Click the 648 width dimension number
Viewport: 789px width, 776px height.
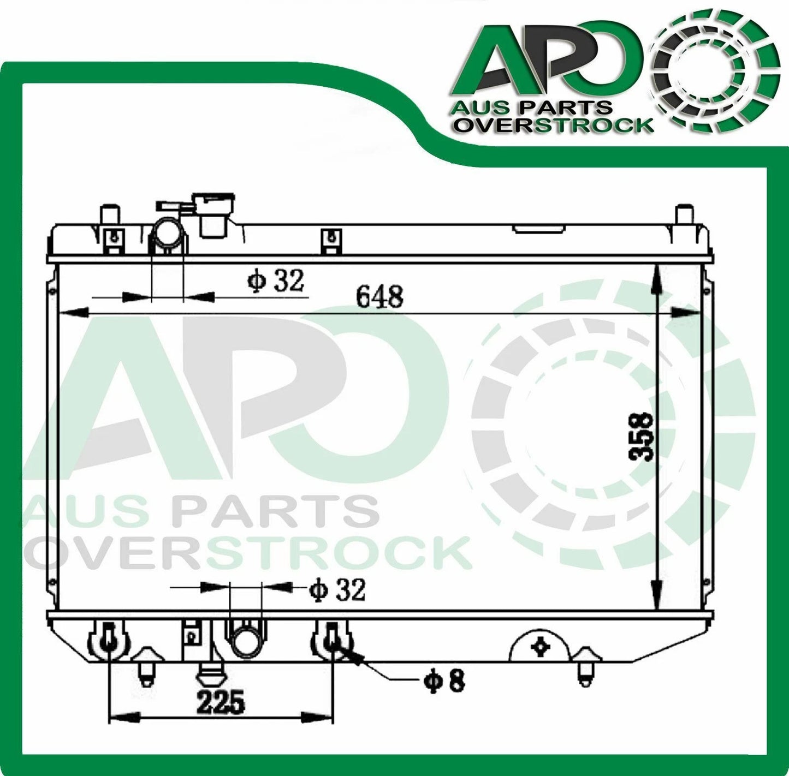(379, 297)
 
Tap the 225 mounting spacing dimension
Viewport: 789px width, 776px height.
(221, 703)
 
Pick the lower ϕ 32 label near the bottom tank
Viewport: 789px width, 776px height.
(336, 590)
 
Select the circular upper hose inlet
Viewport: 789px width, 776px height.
(167, 233)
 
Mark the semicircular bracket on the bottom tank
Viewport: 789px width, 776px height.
(540, 646)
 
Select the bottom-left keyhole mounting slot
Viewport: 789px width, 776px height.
(109, 639)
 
